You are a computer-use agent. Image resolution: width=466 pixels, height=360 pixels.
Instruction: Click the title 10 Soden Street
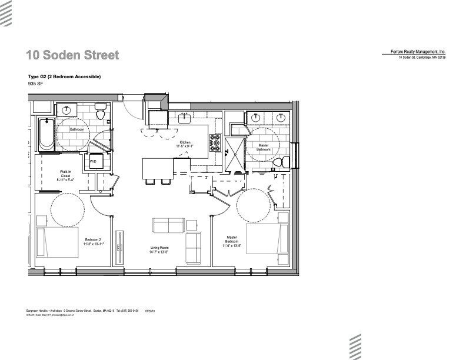(72, 55)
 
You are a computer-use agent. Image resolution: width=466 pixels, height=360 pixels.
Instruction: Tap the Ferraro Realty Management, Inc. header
(418, 52)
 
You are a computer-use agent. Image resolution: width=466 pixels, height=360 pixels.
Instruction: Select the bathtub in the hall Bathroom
(45, 134)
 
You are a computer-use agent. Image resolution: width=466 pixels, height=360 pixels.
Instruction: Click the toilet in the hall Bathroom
(100, 111)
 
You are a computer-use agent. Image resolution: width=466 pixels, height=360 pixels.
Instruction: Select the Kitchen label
(186, 144)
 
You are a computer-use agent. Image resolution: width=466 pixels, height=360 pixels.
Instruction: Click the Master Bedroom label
(232, 241)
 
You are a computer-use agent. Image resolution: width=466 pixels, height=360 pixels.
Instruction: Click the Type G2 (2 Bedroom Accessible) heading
(65, 77)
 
